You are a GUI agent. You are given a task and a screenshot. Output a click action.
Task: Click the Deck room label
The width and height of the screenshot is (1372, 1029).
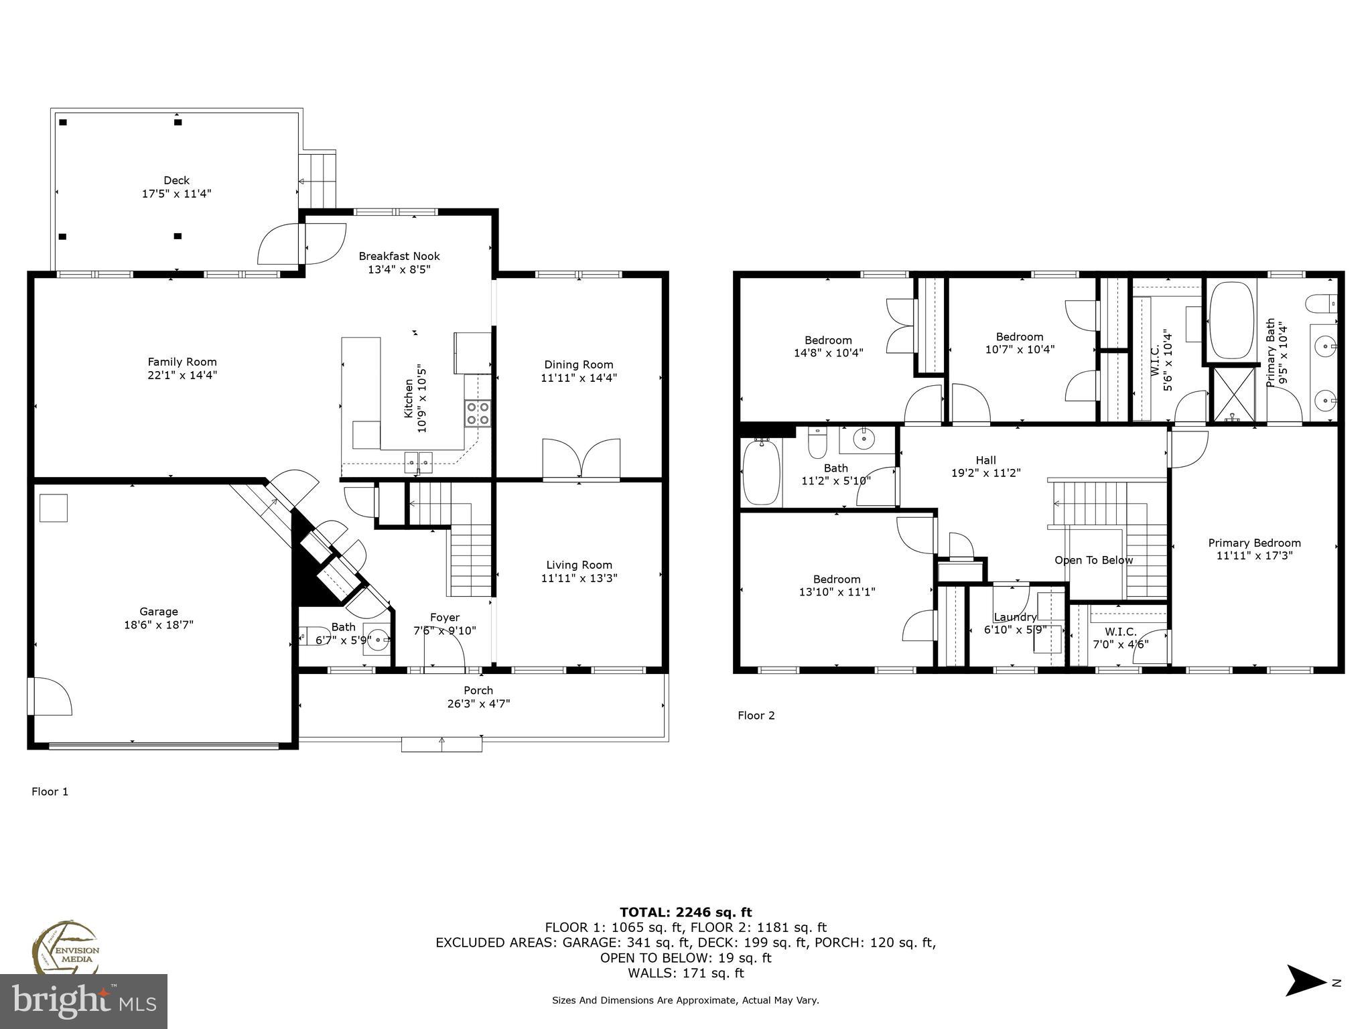click(176, 180)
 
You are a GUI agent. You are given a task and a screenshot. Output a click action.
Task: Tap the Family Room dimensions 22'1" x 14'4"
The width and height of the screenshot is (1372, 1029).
click(182, 375)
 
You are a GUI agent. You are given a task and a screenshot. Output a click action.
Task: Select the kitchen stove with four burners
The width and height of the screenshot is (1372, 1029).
click(478, 413)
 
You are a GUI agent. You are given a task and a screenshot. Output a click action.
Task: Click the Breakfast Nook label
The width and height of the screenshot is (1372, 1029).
click(399, 256)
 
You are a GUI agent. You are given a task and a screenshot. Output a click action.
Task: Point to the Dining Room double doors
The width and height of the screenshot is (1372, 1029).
click(581, 459)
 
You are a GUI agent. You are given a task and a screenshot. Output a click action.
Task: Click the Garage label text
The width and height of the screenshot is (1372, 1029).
click(159, 611)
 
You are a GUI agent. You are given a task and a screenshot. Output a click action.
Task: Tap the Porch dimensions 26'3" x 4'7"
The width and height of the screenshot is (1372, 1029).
click(478, 703)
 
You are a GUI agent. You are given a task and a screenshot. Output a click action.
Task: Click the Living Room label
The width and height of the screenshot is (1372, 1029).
click(579, 565)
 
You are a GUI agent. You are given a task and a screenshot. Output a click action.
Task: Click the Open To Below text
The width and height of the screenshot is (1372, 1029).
click(1093, 560)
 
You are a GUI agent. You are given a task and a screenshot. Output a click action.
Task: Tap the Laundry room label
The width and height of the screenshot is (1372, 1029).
click(1014, 617)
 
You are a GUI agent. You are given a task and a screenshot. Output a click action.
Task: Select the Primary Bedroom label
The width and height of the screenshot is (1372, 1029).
click(1254, 543)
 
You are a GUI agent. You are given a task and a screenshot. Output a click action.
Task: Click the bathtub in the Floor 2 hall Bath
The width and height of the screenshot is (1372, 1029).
click(762, 472)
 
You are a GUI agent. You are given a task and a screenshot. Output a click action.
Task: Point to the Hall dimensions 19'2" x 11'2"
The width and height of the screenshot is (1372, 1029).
click(985, 473)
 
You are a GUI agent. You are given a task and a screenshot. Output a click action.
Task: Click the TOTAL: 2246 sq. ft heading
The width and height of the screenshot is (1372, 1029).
click(685, 912)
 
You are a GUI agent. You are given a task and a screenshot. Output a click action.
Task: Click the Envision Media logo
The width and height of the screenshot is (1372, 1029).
click(65, 947)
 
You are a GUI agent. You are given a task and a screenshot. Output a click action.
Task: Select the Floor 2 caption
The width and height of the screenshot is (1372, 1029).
click(756, 715)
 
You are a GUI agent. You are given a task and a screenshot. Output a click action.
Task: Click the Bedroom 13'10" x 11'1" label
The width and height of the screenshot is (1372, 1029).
click(837, 579)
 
